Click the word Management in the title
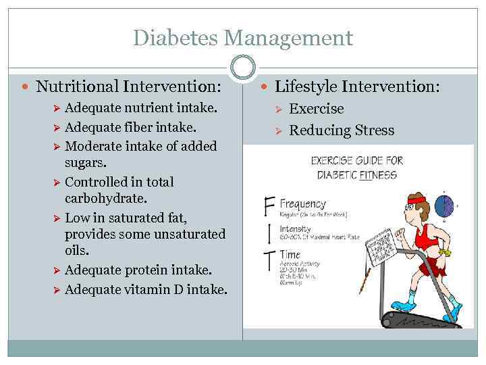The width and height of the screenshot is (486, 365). [x=292, y=37]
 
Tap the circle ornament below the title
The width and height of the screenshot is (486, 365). [x=243, y=67]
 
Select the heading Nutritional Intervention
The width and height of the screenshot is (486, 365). [x=128, y=87]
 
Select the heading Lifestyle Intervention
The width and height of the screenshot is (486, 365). [x=358, y=87]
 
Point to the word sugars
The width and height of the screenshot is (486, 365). [x=87, y=163]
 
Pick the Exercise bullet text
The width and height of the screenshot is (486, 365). [x=317, y=109]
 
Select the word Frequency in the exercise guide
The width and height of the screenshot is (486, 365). [x=302, y=204]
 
